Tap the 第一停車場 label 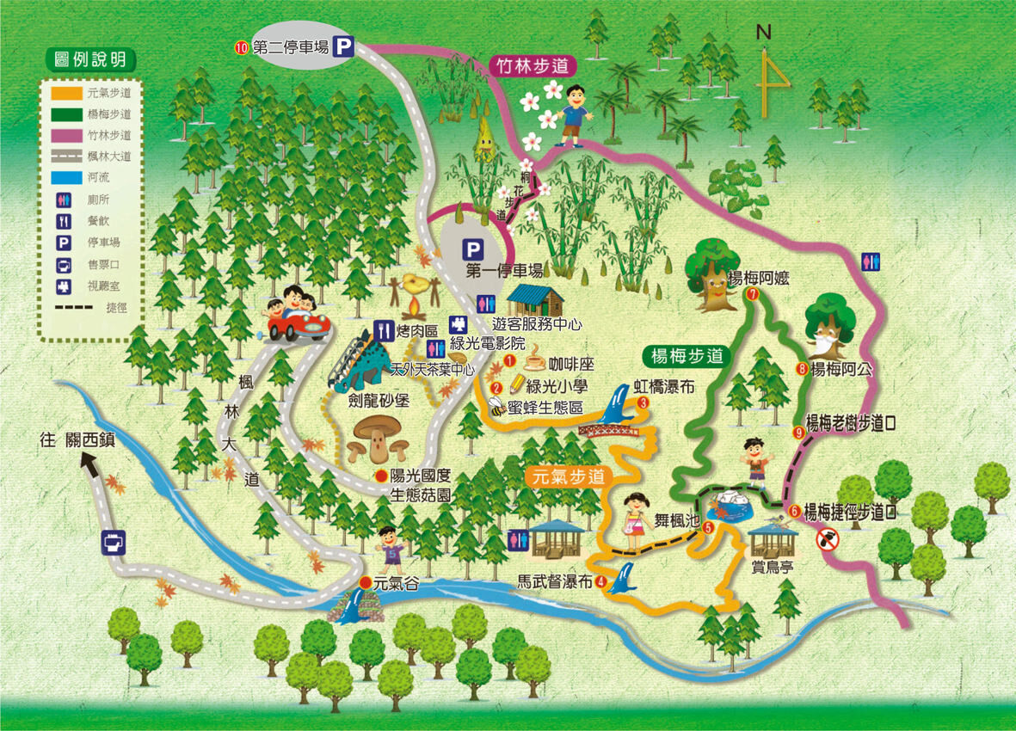pyautogui.click(x=505, y=271)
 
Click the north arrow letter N pyautogui.click(x=763, y=33)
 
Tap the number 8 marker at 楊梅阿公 pyautogui.click(x=802, y=370)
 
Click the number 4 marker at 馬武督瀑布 pyautogui.click(x=600, y=582)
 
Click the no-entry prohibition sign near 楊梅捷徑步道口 pyautogui.click(x=827, y=539)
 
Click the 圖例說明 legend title pyautogui.click(x=89, y=59)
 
